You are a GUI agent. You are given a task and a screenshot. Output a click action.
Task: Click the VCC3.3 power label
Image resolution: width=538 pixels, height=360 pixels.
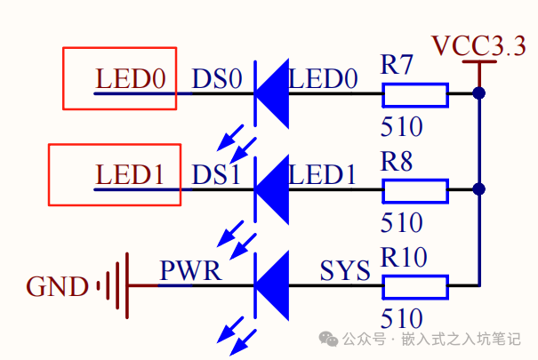[x=478, y=45]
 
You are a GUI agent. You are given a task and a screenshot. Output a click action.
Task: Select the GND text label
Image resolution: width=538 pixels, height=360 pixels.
[x=58, y=287]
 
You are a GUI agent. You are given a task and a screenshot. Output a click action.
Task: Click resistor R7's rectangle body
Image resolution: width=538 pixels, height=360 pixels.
[x=415, y=93]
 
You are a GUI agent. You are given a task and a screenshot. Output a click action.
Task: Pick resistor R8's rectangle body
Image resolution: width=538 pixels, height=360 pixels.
[x=415, y=189]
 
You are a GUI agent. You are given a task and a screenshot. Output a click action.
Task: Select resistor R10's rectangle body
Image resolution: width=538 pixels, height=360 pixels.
[x=415, y=286]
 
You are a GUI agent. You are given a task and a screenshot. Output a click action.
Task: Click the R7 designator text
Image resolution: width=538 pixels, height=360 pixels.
[x=397, y=65]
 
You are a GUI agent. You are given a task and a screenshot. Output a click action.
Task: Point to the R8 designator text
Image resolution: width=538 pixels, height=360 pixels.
[x=397, y=161]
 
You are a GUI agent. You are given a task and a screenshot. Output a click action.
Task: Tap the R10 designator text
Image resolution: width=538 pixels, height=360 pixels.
[x=404, y=258]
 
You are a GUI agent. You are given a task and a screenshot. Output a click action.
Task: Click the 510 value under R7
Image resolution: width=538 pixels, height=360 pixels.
[x=401, y=126]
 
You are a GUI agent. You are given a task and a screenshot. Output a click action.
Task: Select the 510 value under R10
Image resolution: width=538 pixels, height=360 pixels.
[x=401, y=318]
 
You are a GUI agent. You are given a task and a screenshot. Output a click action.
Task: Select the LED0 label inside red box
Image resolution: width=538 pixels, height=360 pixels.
[x=131, y=79]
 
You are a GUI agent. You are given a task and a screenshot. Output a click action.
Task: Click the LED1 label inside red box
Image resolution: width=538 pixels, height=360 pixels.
[x=131, y=174]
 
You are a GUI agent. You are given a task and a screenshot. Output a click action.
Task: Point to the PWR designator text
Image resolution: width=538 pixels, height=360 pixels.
[x=190, y=270]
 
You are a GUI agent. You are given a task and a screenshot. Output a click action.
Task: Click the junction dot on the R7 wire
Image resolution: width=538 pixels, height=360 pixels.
[x=479, y=92]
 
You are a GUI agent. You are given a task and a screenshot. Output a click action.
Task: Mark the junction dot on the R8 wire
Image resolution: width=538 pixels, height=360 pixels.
[x=479, y=189]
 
